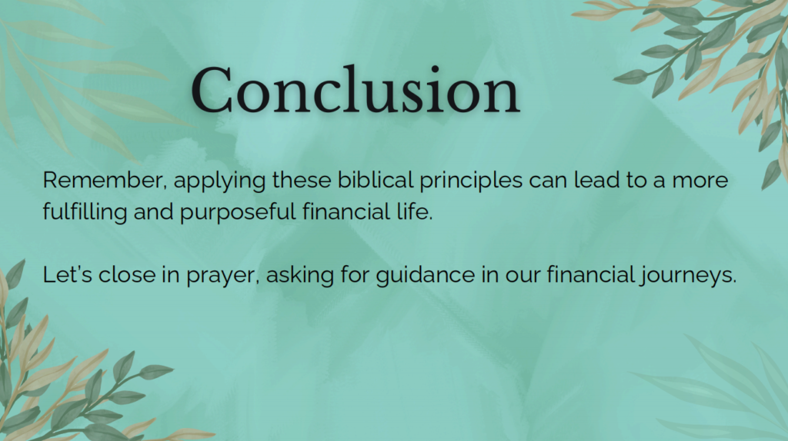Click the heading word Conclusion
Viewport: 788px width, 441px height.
[x=356, y=91]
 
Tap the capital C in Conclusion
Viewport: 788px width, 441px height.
[x=211, y=91]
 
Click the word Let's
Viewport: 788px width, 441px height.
[x=68, y=275]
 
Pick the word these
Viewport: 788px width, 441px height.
[x=302, y=180]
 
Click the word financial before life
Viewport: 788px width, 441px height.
[x=343, y=211]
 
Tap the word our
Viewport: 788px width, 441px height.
[x=523, y=277]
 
